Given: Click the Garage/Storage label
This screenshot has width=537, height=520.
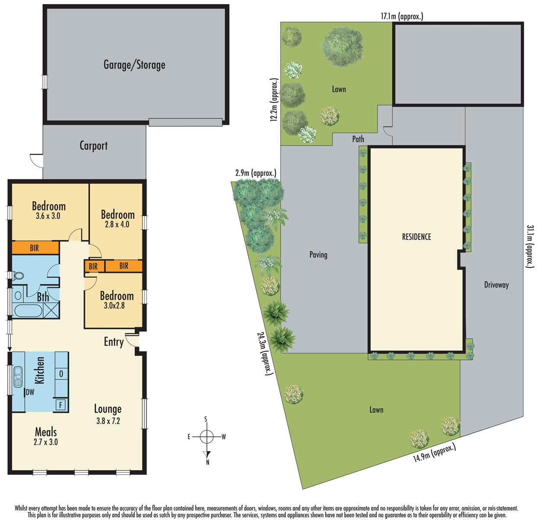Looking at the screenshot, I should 134,65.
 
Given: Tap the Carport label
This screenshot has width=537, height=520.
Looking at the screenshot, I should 93,146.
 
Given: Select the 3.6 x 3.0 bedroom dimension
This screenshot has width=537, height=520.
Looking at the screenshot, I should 49,216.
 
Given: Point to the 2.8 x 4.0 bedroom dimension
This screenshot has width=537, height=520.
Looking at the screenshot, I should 117,224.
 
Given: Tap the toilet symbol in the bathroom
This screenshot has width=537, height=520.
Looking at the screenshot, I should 17,276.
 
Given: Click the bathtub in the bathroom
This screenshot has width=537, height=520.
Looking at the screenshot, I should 28,311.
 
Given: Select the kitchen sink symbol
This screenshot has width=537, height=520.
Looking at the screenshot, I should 18,376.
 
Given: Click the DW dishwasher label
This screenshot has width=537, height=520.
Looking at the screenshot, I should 30,393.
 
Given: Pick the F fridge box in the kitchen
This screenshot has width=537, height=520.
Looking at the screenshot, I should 61,405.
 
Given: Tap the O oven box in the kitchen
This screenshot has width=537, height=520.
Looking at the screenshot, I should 61,374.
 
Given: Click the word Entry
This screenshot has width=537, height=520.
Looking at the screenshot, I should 113,342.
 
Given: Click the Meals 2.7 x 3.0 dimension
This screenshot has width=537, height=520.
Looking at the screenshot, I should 46,442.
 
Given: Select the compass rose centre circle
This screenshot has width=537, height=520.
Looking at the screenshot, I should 207,436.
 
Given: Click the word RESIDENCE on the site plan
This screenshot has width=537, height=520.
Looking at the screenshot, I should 416,237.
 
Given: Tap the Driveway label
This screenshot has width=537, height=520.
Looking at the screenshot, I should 496,285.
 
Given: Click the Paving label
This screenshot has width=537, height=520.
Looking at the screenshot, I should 318,255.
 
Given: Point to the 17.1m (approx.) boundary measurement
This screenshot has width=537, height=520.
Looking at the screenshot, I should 401,17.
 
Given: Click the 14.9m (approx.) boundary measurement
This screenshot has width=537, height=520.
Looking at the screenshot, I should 432,456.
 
